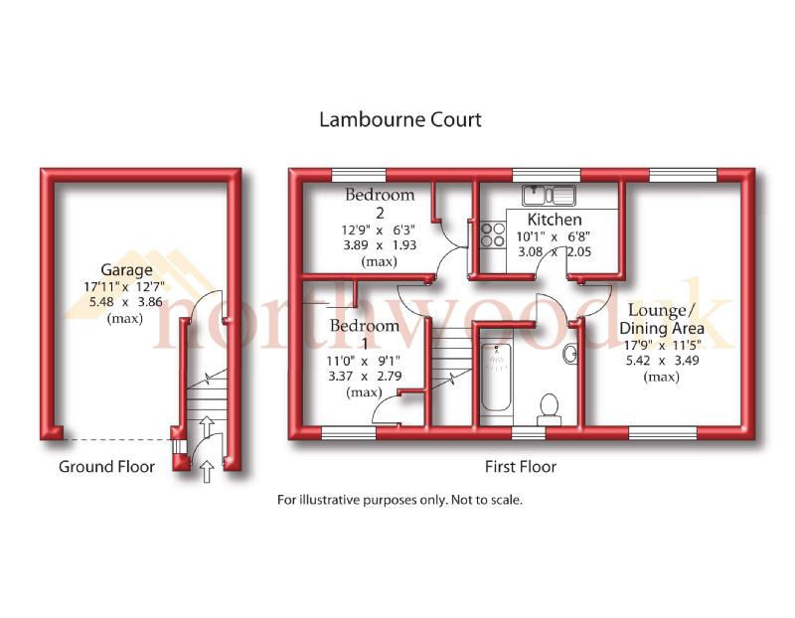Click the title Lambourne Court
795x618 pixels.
point(399,120)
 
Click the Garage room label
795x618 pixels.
point(126,270)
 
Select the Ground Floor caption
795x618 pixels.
point(106,466)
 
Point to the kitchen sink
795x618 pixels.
point(545,192)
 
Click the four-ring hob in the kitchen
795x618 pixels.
point(491,234)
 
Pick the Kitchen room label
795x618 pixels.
point(555,220)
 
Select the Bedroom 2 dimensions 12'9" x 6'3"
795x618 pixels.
point(367,228)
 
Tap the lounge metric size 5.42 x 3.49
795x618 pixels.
point(661,362)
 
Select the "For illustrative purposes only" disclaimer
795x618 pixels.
point(398,500)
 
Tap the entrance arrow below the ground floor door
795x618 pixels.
point(207,469)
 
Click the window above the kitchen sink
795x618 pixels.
point(544,175)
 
